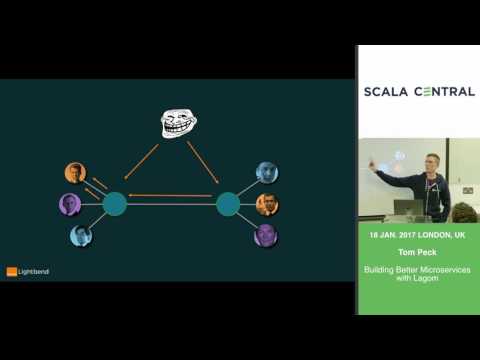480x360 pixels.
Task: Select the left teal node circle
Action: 115,204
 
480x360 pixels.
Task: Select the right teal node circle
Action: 229,204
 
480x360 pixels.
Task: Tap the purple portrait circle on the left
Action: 69,205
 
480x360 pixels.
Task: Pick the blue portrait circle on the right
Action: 266,173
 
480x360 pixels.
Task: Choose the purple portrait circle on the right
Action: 265,236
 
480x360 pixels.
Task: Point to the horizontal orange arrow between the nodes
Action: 172,197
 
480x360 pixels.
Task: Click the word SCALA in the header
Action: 390,92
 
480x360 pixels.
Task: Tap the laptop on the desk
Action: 406,207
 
